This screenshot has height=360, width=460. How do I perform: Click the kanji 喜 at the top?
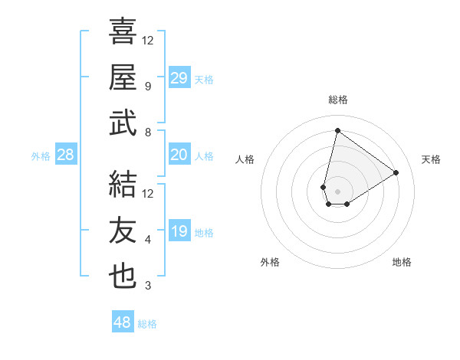click(123, 31)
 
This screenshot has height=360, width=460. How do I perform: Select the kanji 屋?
click(123, 77)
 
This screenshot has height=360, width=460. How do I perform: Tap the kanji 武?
click(123, 123)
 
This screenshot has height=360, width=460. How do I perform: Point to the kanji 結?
click(123, 185)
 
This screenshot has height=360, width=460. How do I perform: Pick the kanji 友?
click(123, 231)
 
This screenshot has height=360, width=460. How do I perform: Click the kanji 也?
click(123, 277)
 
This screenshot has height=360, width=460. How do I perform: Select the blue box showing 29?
click(179, 77)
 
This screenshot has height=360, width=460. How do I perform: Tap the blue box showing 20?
click(179, 155)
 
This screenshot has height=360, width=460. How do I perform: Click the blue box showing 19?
click(179, 231)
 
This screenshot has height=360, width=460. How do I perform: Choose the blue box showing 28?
click(66, 155)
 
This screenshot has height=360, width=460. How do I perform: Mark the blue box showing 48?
click(123, 322)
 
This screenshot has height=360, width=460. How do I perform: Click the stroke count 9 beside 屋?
click(148, 87)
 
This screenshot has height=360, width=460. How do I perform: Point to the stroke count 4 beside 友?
click(148, 240)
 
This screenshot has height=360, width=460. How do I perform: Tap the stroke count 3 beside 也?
click(148, 286)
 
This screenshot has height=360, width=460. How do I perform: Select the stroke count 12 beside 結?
click(148, 194)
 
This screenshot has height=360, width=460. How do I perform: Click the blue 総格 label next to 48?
click(147, 324)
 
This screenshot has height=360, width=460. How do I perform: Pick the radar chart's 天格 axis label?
click(431, 159)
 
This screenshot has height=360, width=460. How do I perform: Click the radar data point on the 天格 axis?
click(396, 173)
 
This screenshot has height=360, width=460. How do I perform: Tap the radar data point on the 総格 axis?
click(337, 130)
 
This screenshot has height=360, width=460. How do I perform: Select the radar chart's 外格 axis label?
click(270, 262)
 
